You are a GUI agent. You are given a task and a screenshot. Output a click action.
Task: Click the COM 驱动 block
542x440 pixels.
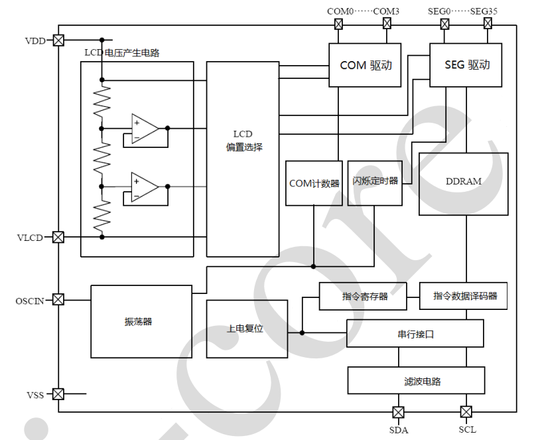pos(366,65)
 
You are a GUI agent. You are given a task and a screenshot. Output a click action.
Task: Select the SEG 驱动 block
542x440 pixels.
pos(466,65)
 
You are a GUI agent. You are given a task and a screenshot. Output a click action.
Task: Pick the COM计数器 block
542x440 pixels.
pos(314,183)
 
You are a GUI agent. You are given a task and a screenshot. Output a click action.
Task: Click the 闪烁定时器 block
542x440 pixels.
pos(375,181)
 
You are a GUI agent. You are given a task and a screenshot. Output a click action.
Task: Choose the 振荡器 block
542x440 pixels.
pos(139,321)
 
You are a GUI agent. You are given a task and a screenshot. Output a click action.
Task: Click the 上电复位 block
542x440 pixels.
pos(247,329)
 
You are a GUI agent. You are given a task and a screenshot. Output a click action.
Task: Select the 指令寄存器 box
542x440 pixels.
pos(365,296)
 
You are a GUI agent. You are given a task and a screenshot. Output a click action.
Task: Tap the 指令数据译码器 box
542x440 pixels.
pos(464,296)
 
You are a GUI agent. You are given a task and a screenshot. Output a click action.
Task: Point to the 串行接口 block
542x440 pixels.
pos(415,333)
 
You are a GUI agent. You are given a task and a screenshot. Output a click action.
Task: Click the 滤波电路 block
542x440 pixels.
pos(415,381)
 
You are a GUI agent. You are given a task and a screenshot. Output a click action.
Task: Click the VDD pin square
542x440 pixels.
pos(58,40)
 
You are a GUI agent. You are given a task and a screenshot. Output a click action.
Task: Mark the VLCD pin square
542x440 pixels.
pos(58,237)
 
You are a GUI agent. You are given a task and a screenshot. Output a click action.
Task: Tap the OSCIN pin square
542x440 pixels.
pos(58,300)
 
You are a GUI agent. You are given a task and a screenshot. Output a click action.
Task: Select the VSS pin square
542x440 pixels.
pos(58,394)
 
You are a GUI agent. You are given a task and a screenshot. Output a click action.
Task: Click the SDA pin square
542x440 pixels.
pos(398,411)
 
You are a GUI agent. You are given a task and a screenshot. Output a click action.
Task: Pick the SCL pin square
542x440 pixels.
pos(466,411)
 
